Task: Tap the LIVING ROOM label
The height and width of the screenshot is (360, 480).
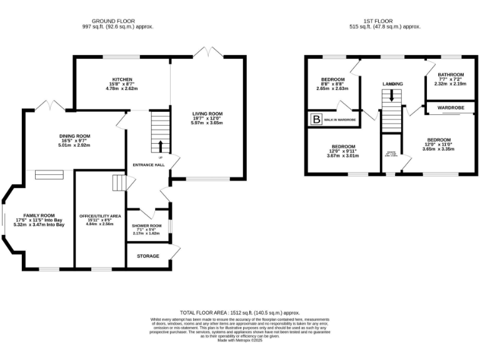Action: tap(207, 113)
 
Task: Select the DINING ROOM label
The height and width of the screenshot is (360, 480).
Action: tap(75, 136)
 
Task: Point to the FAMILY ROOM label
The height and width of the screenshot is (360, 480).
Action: tap(39, 214)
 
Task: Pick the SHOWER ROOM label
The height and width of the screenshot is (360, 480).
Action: tap(146, 226)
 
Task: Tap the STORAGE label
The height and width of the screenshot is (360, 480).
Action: tap(148, 256)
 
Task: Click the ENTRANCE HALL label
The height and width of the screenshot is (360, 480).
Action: tap(146, 165)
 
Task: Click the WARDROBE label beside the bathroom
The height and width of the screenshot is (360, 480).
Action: tap(450, 107)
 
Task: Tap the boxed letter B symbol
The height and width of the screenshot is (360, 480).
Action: tap(316, 119)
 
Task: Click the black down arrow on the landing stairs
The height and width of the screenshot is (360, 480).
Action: tap(392, 95)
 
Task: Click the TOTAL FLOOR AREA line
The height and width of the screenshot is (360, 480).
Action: tap(239, 312)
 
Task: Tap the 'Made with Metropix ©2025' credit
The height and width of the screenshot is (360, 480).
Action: tap(239, 340)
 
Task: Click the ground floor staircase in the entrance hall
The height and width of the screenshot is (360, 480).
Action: tap(161, 131)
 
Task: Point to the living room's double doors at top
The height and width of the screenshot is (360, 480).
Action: tap(207, 51)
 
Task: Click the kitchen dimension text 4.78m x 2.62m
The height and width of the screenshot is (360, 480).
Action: tap(122, 88)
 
